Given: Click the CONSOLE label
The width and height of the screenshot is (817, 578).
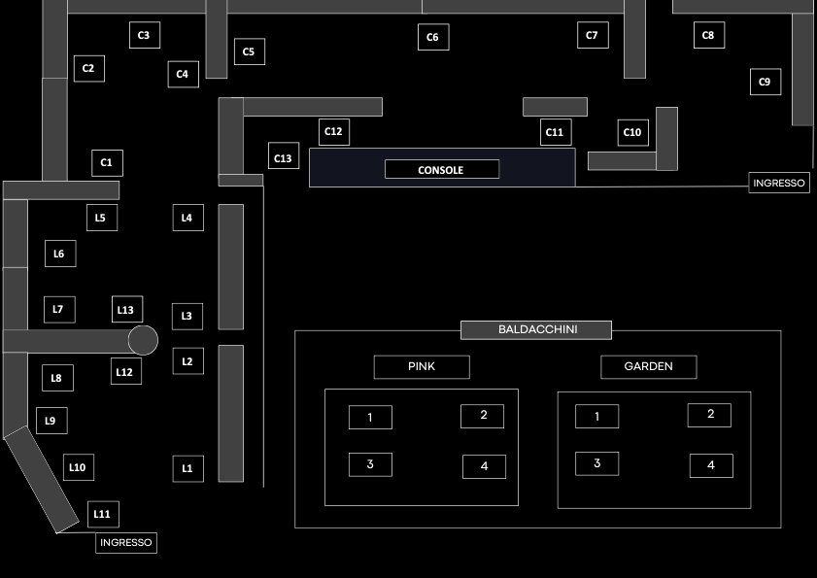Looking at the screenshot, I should point(442,169).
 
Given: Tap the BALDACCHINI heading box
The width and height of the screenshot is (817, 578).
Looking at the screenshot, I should point(536,330).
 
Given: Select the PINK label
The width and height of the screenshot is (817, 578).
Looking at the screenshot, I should point(422,366).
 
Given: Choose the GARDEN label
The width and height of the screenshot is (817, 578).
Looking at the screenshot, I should point(649,366).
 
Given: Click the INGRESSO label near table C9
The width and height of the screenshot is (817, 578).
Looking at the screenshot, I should point(780,183).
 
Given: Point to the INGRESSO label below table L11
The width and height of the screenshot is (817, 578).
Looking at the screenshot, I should point(126,543).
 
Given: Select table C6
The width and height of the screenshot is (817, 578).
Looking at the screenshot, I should point(433,38).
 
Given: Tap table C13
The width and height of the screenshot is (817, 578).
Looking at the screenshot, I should point(284,157).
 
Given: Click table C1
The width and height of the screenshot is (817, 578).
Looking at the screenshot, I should point(107,162).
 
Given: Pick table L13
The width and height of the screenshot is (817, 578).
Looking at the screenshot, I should point(126,309).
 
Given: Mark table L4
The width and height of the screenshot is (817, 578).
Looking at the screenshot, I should point(187,218).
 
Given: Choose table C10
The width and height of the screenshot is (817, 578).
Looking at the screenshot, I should point(632,132).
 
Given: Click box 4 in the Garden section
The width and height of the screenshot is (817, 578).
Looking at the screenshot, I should point(711,465).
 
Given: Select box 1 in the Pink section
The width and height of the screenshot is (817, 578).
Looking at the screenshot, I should point(370,418).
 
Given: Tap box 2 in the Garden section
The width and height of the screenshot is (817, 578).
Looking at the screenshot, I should point(709,415).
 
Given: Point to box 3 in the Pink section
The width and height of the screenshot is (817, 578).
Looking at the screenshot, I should point(370,464).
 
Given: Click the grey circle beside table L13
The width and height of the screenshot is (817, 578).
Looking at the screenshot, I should point(143,340).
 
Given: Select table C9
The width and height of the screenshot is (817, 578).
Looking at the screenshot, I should point(765,83).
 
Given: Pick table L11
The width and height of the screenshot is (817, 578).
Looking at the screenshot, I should point(103,514).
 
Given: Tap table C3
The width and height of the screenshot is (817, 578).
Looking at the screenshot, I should point(144,35).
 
